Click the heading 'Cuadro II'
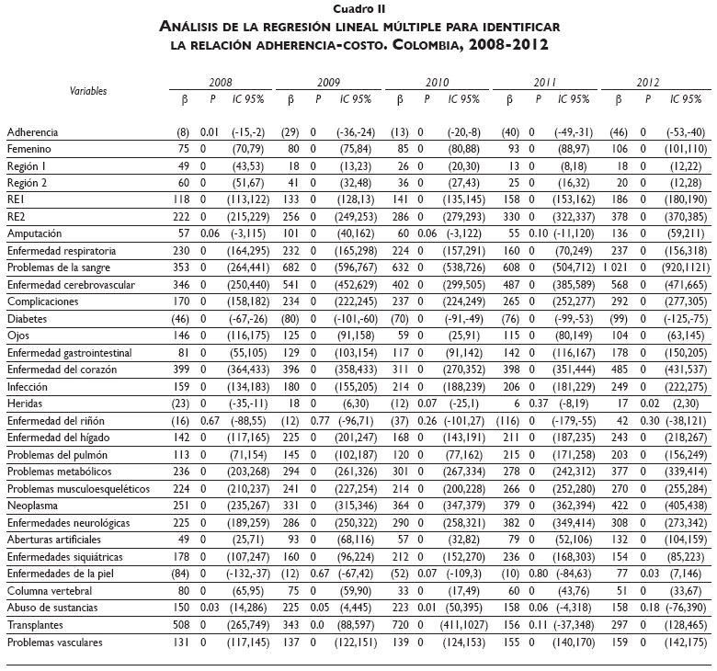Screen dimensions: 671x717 [358, 8]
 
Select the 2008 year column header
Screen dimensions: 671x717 [221, 82]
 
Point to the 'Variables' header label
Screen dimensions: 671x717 [88, 91]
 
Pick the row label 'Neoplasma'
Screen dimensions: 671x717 [30, 505]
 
